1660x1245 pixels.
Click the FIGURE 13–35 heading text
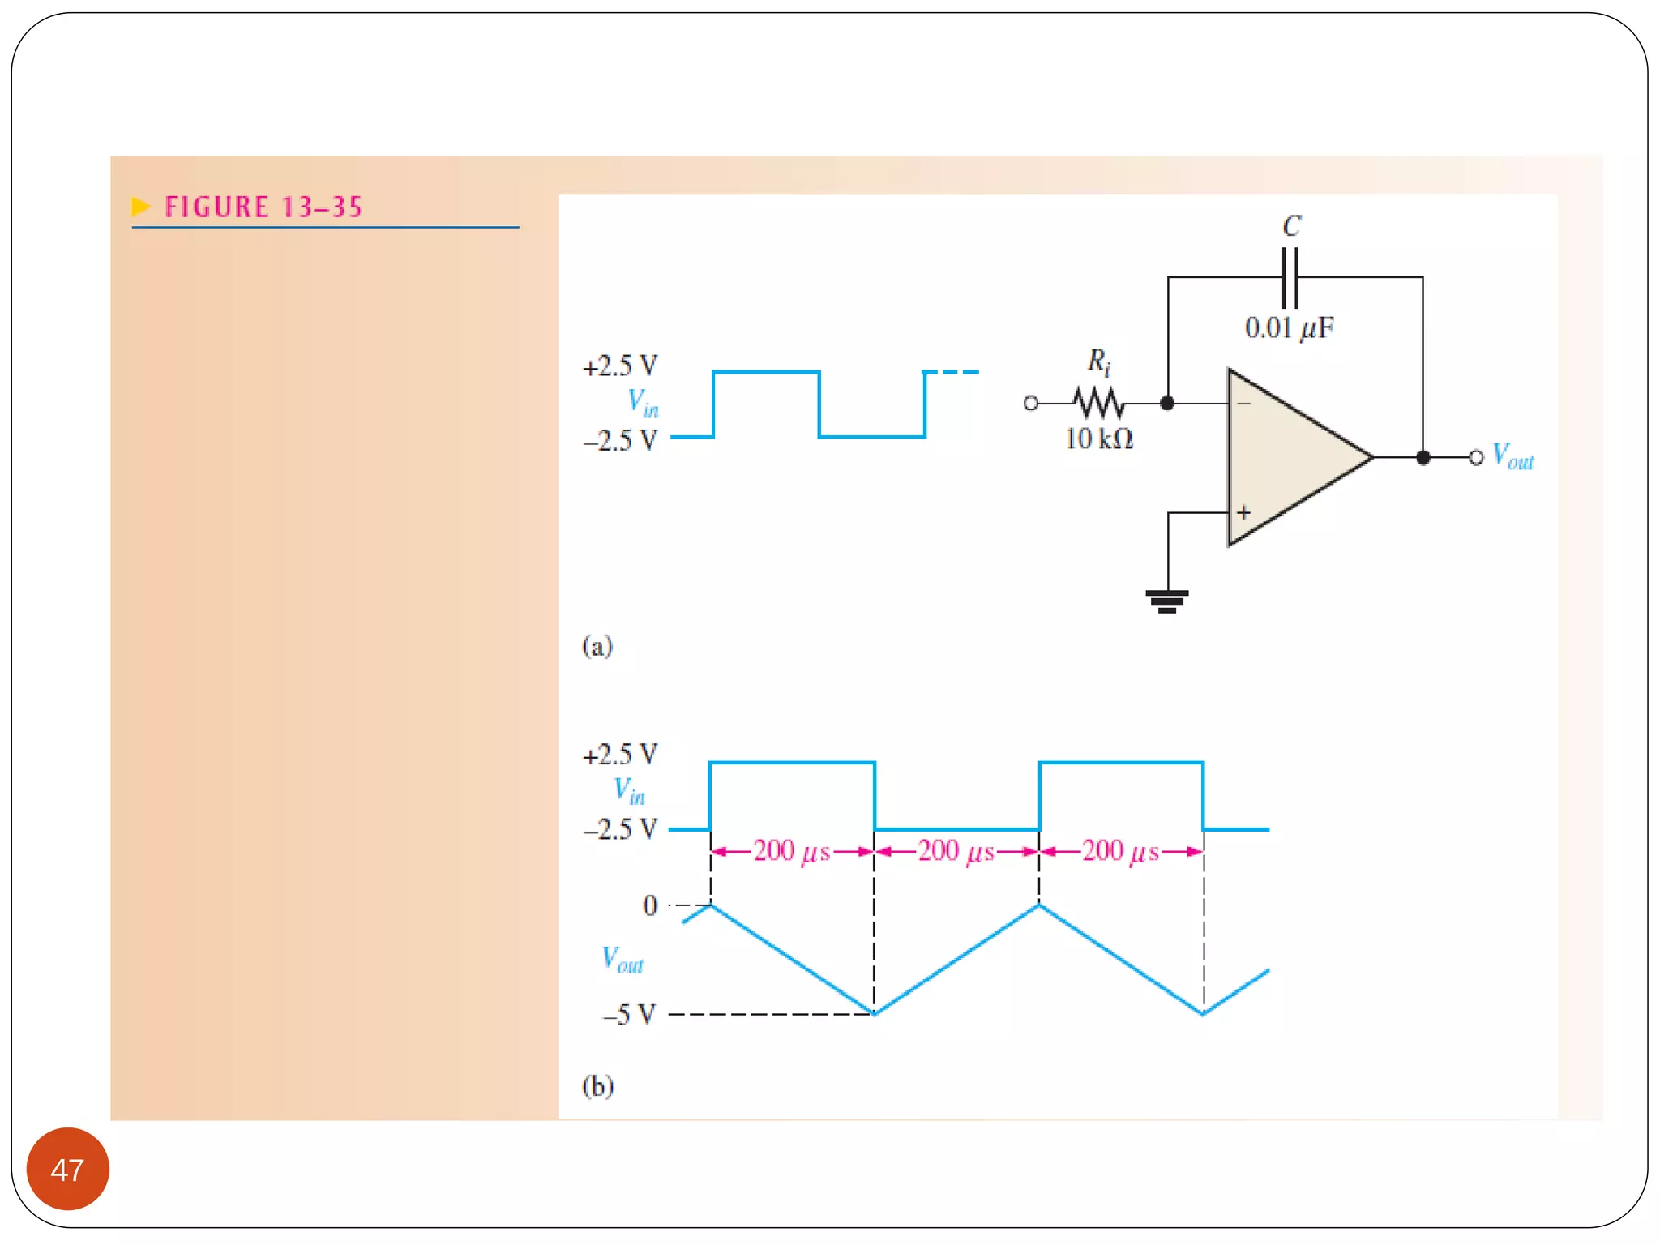[x=263, y=207]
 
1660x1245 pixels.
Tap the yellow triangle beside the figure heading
[x=141, y=207]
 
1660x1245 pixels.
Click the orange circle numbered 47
[x=67, y=1169]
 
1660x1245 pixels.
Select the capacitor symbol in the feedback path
[x=1290, y=277]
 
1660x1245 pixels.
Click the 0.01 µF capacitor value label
[x=1289, y=328]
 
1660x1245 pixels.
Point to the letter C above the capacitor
[x=1292, y=226]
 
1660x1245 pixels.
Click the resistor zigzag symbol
[x=1098, y=403]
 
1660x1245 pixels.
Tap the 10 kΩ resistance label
[x=1098, y=439]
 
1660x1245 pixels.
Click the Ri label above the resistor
[x=1098, y=361]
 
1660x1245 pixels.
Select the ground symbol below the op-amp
[x=1167, y=601]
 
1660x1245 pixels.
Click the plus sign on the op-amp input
[x=1244, y=512]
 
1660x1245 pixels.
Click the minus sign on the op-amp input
[x=1244, y=403]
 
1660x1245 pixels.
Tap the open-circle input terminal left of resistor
[x=1031, y=403]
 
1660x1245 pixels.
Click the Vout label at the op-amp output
[x=1512, y=456]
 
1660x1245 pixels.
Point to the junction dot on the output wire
[x=1423, y=457]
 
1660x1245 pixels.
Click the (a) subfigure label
[x=597, y=646]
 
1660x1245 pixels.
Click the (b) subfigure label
[x=598, y=1085]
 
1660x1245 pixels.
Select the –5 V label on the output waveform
[x=629, y=1014]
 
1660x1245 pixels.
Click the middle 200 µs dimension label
[x=956, y=851]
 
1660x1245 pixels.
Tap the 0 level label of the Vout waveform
[x=650, y=905]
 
